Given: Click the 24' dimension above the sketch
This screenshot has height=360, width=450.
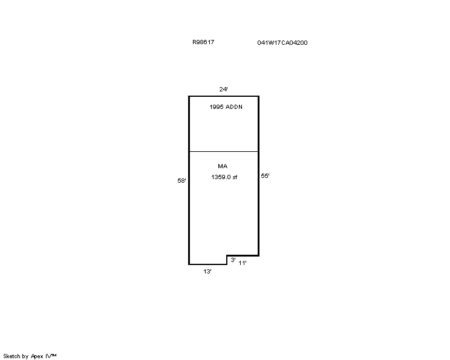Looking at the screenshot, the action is [224, 90].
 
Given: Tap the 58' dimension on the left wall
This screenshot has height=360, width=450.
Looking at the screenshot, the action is [181, 180].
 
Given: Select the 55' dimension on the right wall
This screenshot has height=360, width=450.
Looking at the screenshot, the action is [265, 175].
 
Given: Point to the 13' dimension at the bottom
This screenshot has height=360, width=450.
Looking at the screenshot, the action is [207, 271].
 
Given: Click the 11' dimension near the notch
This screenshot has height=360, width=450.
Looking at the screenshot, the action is [243, 263].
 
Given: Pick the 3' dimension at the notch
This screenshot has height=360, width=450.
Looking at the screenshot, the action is [233, 260].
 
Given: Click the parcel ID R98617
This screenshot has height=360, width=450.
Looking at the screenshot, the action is [203, 42].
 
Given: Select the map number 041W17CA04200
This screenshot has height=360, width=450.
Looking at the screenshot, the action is [282, 42].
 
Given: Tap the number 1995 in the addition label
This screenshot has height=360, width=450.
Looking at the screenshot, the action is [217, 107].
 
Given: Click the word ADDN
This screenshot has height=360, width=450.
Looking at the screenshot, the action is [234, 107].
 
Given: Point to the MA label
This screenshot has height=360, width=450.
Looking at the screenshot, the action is [223, 166].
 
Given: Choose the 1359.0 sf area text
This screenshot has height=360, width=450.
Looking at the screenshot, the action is [224, 177].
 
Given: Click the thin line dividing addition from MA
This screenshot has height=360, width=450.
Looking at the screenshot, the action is [224, 151].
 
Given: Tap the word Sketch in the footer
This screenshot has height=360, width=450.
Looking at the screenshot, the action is [11, 356].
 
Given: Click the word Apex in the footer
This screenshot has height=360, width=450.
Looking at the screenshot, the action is [37, 356].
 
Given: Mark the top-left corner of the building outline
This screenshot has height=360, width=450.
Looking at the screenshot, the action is [189, 96].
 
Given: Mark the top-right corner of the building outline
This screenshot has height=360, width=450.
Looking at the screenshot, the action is [259, 96].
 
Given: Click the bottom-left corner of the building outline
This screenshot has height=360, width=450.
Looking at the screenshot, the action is [189, 264].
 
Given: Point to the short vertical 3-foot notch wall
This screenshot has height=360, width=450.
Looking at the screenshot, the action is [227, 260].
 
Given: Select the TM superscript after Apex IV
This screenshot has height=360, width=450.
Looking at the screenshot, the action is [54, 355].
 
